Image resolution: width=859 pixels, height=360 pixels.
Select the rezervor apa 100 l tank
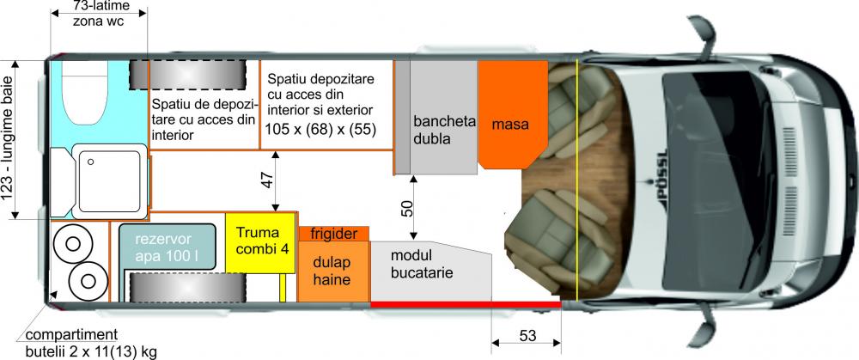point(168,246)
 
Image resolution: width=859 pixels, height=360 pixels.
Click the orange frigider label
point(333,233)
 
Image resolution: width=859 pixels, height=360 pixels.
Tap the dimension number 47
point(266,181)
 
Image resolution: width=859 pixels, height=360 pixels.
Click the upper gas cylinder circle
point(72,244)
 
